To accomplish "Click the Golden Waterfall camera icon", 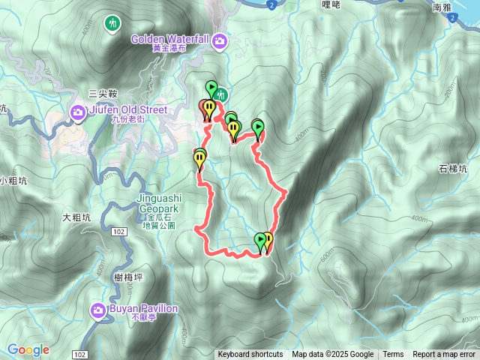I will (220, 40).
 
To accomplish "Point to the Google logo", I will (28, 350).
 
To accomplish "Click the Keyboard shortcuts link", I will (250, 355).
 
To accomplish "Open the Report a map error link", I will (445, 355).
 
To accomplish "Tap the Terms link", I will (393, 355).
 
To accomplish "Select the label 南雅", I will (442, 7).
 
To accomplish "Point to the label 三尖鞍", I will (103, 93).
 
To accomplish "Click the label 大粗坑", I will (76, 217).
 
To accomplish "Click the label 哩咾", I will (331, 4).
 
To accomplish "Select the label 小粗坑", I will (13, 180).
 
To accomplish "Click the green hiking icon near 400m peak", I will (113, 23).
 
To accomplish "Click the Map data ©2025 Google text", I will (332, 355).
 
